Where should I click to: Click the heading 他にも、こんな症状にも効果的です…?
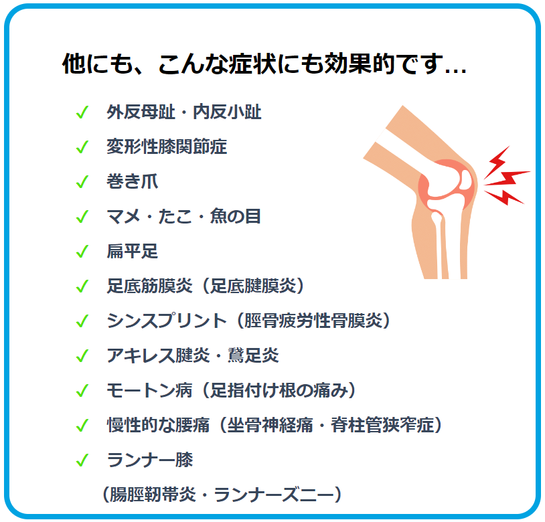point(264,64)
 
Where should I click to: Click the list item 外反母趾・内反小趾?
point(184,112)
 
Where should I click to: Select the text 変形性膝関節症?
point(167,147)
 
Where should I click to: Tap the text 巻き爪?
point(132,181)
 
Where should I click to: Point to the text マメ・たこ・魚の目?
point(184,216)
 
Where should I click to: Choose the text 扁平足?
point(132,251)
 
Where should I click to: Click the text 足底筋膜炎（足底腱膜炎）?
point(206,286)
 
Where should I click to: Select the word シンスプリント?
point(167,321)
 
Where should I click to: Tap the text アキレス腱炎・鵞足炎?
point(193,355)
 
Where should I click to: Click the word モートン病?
point(149,390)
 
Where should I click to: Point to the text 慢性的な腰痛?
point(158,425)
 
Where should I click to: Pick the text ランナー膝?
point(149,460)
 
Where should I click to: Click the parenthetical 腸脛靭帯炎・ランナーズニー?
point(222,494)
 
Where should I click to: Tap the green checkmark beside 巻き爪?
point(82,182)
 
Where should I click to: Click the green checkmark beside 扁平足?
point(82,252)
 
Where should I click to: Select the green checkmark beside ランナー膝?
point(82,460)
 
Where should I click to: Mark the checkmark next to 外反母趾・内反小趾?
point(82,112)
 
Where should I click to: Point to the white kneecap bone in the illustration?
point(466,179)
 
